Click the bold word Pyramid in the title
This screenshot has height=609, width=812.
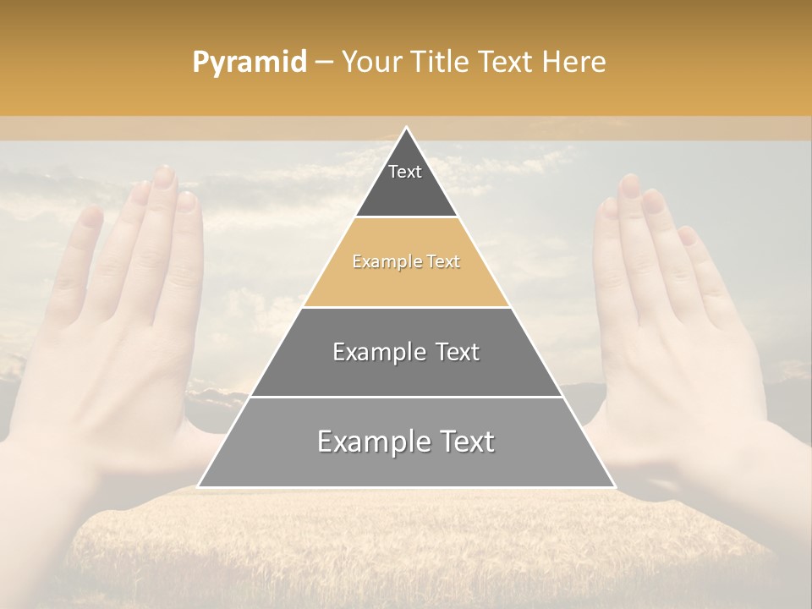(x=250, y=63)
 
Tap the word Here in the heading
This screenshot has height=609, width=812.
(x=574, y=62)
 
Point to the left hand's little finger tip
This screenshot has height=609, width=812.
(x=89, y=216)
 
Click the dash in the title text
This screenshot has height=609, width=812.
(x=323, y=63)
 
